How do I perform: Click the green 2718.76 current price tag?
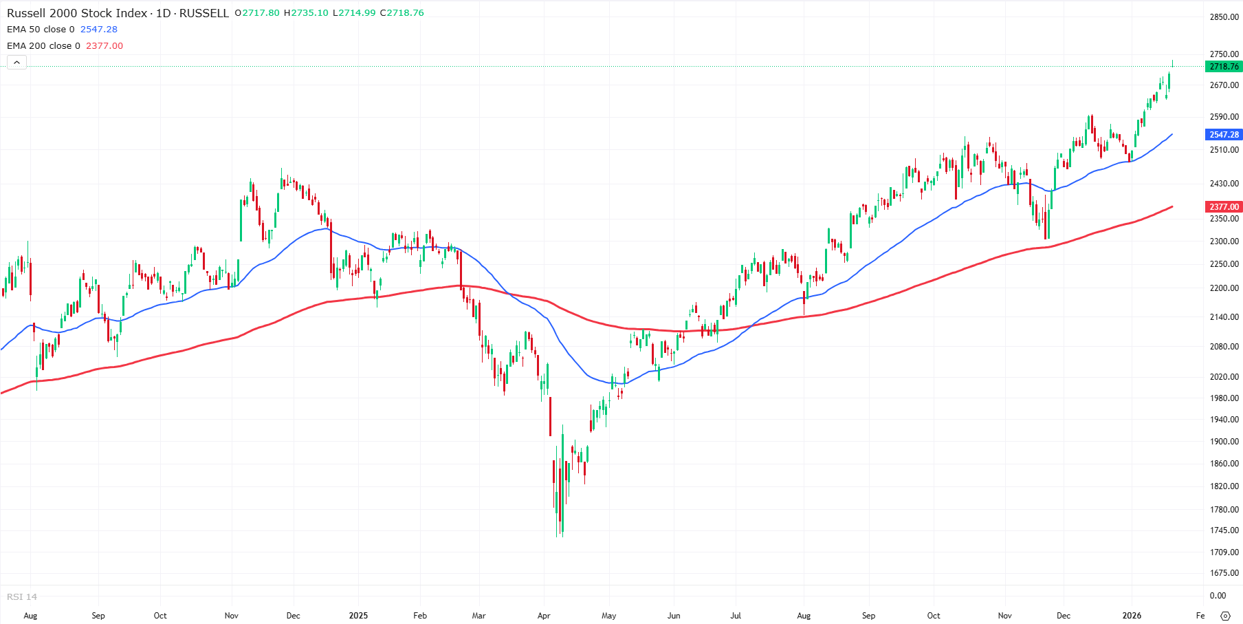point(1224,67)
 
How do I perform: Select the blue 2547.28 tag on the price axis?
point(1224,135)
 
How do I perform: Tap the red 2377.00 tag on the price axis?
point(1224,206)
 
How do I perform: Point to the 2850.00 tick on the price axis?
point(1224,17)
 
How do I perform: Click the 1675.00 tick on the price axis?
point(1224,573)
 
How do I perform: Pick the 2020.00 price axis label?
point(1224,377)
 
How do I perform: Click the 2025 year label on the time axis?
point(358,616)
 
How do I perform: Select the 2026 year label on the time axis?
point(1131,616)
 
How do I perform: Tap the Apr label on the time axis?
point(544,616)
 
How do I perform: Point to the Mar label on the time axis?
point(478,616)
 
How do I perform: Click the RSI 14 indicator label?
point(22,597)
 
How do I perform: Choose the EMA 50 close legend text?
point(41,30)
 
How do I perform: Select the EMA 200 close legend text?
point(43,46)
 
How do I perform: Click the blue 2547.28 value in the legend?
point(99,30)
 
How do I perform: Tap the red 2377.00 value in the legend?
point(104,46)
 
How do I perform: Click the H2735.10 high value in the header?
point(306,13)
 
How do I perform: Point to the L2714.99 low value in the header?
point(354,13)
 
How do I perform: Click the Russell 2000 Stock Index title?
point(77,13)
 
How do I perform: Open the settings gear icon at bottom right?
point(1224,616)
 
